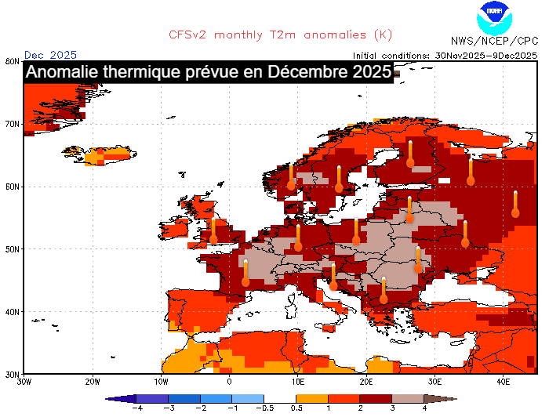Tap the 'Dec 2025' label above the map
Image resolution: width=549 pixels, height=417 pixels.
pyautogui.click(x=50, y=55)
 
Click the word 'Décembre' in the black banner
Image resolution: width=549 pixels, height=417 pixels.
pyautogui.click(x=304, y=73)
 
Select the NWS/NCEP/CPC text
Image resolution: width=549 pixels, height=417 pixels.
pyautogui.click(x=494, y=40)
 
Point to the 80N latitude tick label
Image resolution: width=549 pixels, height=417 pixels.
pyautogui.click(x=12, y=61)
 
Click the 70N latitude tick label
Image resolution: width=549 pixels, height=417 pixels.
pyautogui.click(x=12, y=124)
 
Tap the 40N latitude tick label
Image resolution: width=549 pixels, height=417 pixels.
pyautogui.click(x=12, y=312)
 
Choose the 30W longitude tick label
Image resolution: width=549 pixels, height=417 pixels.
pyautogui.click(x=24, y=382)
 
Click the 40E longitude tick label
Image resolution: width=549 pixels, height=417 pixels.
pyautogui.click(x=504, y=382)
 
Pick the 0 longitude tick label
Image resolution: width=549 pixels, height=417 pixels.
pyautogui.click(x=230, y=382)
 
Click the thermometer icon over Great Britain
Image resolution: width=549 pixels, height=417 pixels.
pyautogui.click(x=213, y=231)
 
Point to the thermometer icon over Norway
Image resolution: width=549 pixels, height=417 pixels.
pyautogui.click(x=291, y=178)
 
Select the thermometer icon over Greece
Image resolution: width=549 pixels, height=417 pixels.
pyautogui.click(x=384, y=290)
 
